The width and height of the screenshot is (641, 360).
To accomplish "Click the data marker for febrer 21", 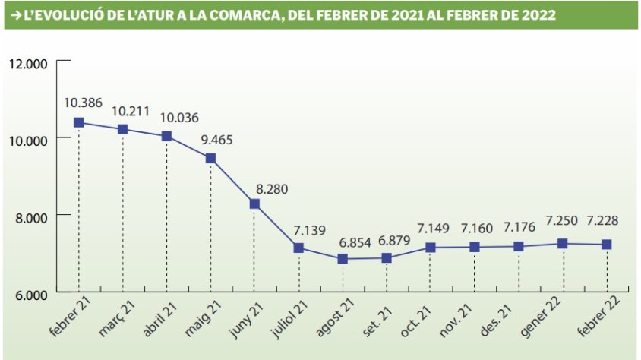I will (78, 122).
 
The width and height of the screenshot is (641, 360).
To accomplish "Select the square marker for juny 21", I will (254, 204).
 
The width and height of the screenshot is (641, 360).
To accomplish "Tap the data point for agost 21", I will (343, 259).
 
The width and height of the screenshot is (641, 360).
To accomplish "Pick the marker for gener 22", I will (563, 244).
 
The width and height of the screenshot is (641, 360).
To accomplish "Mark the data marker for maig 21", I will (210, 158).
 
